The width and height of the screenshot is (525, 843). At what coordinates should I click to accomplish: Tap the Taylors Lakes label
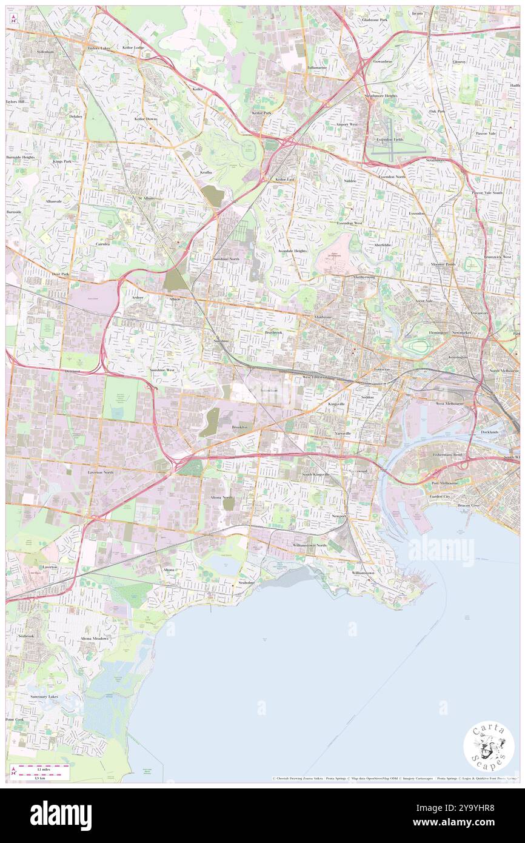[x=99, y=48]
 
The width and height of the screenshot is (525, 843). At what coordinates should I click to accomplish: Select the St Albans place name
[x=146, y=198]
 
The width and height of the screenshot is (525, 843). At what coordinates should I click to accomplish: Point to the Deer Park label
[x=61, y=274]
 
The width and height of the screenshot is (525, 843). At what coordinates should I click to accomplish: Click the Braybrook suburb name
[x=273, y=332]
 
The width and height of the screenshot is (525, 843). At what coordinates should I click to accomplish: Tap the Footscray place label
[x=381, y=369]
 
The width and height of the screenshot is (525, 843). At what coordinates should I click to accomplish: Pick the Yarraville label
[x=343, y=434]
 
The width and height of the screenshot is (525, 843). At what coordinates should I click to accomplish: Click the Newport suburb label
[x=338, y=516]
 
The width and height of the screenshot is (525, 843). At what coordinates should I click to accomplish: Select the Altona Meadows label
[x=95, y=639]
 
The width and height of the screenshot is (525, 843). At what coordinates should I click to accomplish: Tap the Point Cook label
[x=15, y=719]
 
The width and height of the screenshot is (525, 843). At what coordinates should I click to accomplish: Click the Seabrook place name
[x=27, y=636]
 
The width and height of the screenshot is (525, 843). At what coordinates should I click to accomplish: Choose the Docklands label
[x=489, y=432]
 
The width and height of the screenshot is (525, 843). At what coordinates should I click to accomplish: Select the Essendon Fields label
[x=389, y=139]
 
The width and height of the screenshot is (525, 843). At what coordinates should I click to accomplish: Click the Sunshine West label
[x=162, y=369]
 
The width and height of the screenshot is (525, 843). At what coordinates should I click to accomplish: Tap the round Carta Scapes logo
[x=489, y=746]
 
